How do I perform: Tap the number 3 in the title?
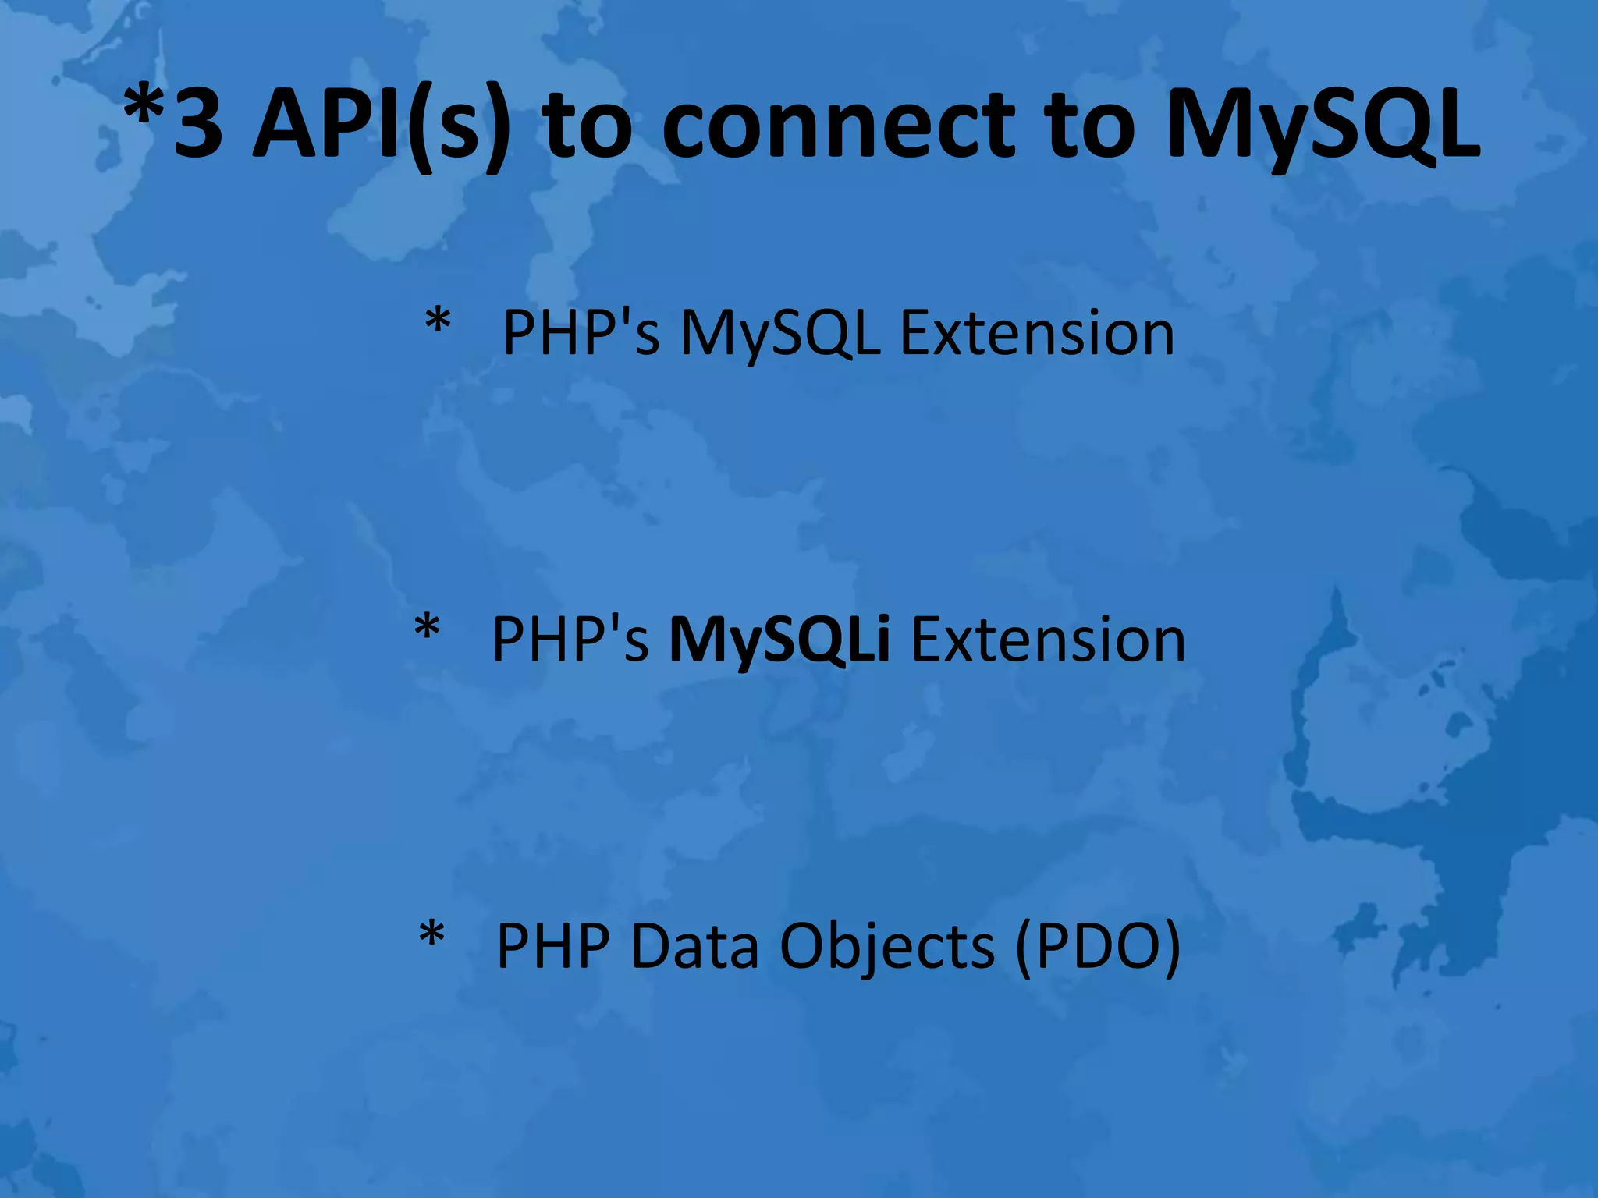198,125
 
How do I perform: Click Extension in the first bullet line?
1037,333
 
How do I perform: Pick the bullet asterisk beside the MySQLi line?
427,629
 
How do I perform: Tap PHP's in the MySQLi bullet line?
570,640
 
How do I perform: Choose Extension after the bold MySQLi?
1048,640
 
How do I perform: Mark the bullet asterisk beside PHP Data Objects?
431,935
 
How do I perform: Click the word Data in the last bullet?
694,946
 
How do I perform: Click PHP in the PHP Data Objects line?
553,946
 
